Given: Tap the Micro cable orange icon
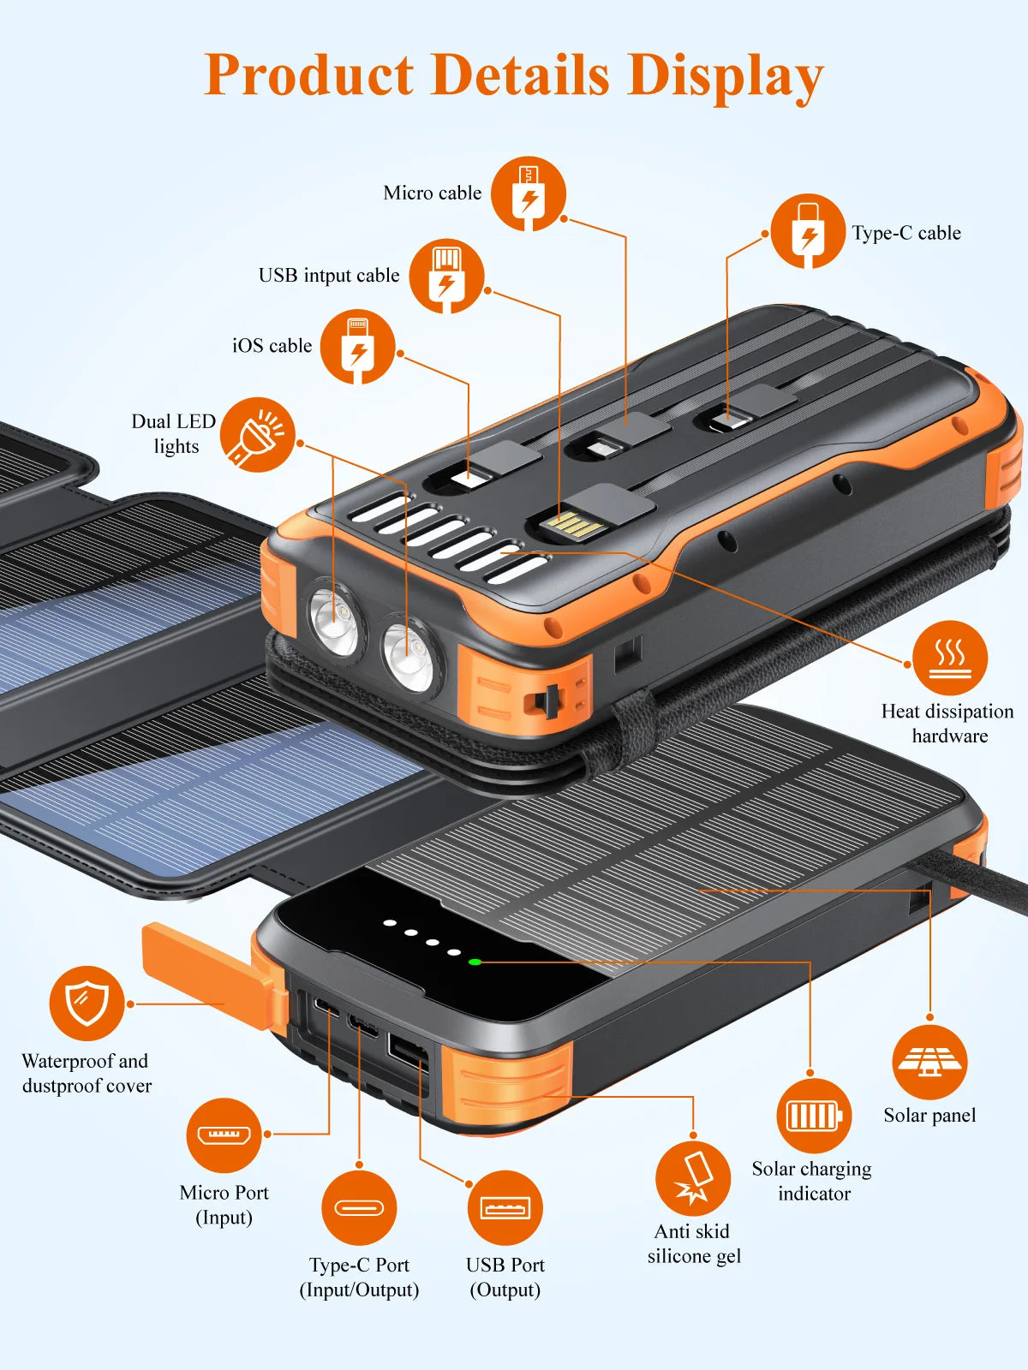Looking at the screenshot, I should [529, 194].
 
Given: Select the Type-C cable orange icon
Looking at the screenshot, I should [807, 231].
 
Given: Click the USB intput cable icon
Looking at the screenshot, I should [446, 276].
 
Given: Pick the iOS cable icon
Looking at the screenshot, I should [358, 346].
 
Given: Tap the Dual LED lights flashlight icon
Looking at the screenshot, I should [257, 434].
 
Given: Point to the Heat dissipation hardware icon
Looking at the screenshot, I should [949, 658].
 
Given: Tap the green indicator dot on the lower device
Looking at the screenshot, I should [475, 962].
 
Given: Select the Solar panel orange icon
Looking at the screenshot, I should [929, 1062].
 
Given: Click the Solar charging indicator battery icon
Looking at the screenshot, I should [813, 1116].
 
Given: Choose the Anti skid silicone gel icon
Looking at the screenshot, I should [692, 1178].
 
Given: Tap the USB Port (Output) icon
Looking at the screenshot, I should [505, 1207].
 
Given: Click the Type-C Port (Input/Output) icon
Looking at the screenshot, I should [359, 1207].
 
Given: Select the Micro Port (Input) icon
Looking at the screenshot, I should [224, 1135].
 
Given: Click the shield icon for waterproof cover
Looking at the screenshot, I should [87, 1003].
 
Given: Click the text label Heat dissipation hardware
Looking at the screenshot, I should [947, 724].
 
